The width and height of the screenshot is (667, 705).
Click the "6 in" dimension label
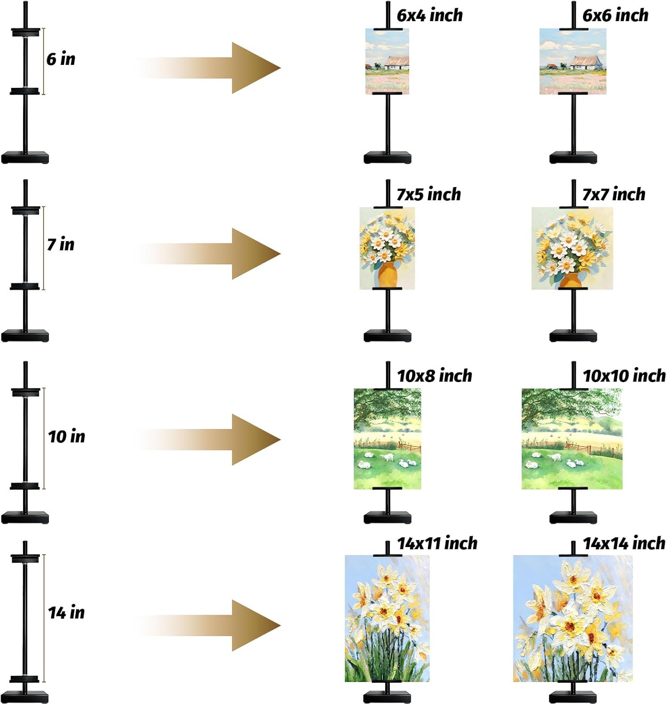point(61,59)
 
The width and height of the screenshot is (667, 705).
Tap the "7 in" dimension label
point(61,244)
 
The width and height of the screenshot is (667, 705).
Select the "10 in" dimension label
point(67,437)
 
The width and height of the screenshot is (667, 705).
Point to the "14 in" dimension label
point(67,612)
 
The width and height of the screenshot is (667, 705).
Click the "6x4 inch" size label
point(430,16)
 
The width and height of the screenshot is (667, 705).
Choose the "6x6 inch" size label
point(615,16)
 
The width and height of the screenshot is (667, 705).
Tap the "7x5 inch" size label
point(429,194)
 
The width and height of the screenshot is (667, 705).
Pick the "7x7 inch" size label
point(614,194)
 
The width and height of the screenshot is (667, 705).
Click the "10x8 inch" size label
point(435,376)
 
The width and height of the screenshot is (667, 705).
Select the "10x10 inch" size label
point(624,376)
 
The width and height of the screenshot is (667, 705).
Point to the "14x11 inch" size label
point(437,543)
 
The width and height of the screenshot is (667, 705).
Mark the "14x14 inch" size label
point(624,543)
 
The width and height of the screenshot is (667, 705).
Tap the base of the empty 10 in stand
point(25,517)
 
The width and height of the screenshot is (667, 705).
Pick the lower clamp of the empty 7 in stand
point(25,286)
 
